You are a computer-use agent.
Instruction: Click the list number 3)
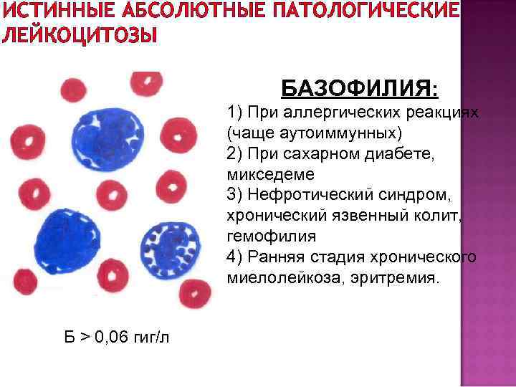235,194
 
